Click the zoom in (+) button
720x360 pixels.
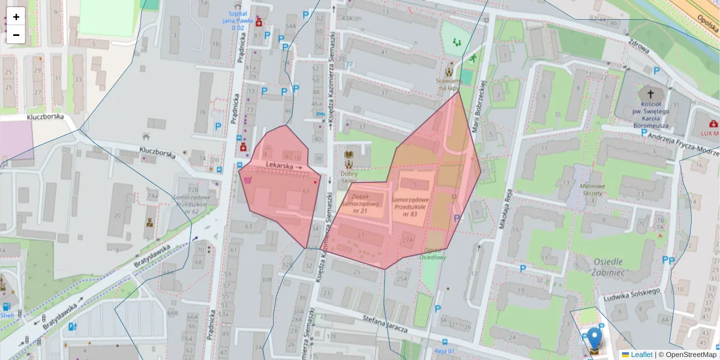pyautogui.click(x=16, y=17)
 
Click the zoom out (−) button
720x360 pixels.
pyautogui.click(x=16, y=35)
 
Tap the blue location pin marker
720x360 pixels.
pyautogui.click(x=594, y=339)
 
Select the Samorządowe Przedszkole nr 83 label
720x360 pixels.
pyautogui.click(x=410, y=206)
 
